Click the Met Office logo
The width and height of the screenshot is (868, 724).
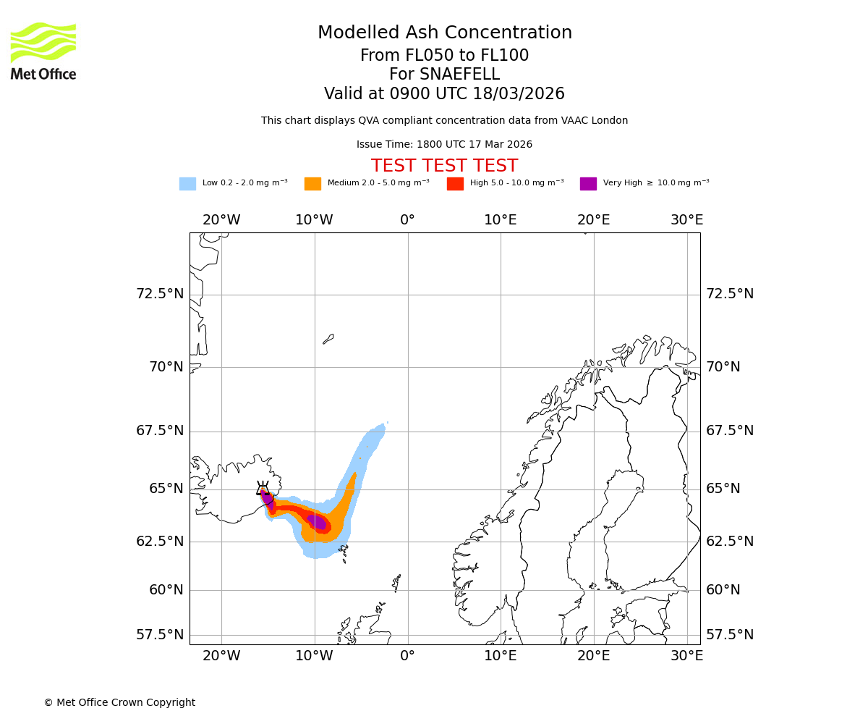43,51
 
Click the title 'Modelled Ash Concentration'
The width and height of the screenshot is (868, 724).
445,33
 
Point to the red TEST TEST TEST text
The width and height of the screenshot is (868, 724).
444,167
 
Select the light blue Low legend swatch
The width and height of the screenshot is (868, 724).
187,184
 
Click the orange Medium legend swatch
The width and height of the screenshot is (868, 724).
312,184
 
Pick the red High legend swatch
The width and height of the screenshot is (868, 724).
455,184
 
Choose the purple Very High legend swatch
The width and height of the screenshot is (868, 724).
588,184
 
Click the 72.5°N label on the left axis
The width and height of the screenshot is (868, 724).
160,294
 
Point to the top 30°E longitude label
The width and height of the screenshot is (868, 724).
686,220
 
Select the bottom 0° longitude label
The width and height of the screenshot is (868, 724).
408,656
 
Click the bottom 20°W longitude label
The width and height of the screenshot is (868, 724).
221,656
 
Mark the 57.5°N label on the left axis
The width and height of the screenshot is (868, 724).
160,635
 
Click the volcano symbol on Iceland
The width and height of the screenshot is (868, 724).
263,489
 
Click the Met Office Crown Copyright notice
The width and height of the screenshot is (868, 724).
119,703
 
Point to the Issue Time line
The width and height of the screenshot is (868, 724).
444,145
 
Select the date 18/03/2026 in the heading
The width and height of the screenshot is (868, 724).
519,94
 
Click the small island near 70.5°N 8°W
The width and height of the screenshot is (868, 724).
328,338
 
